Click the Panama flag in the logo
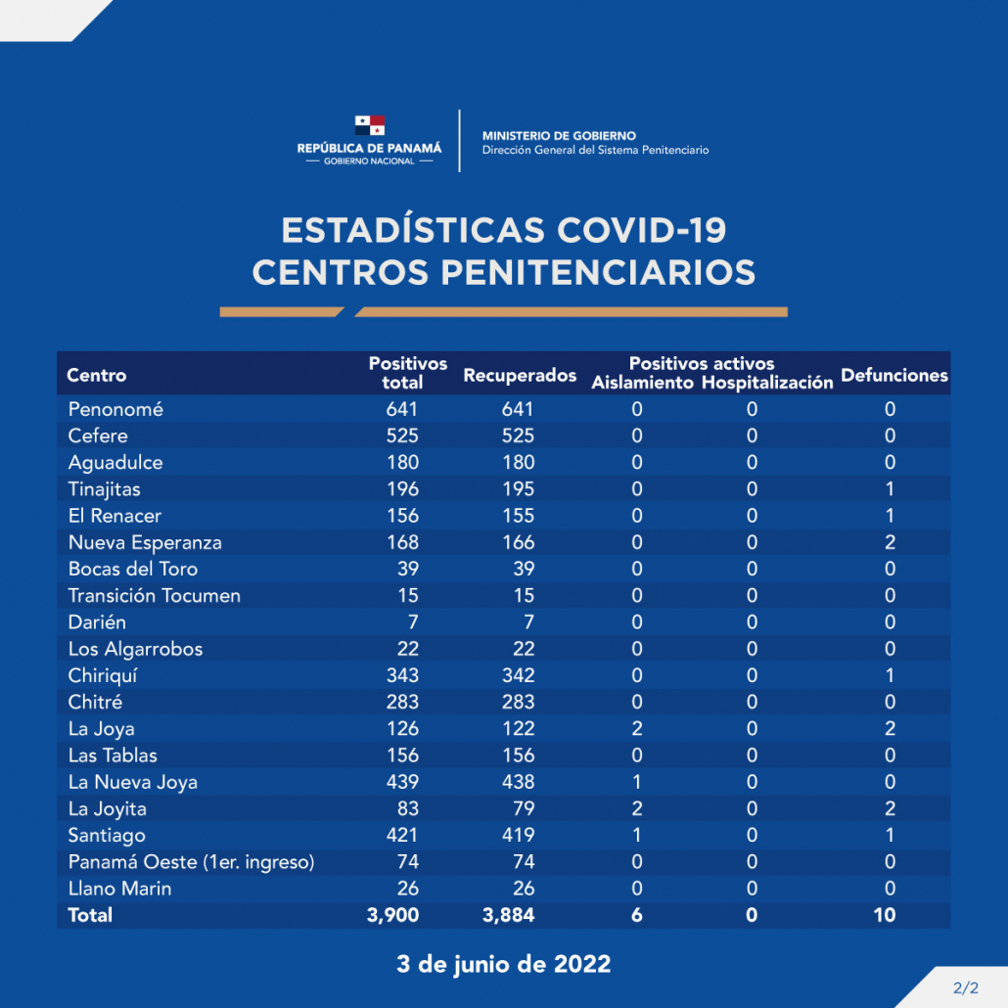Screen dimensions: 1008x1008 pyautogui.click(x=369, y=125)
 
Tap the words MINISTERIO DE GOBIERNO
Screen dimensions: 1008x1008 pyautogui.click(x=559, y=136)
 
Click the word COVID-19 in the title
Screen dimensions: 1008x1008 pyautogui.click(x=642, y=231)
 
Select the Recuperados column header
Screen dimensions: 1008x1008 pyautogui.click(x=520, y=376)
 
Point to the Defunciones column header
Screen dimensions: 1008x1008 pyautogui.click(x=894, y=375)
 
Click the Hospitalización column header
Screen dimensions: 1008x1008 pyautogui.click(x=767, y=383)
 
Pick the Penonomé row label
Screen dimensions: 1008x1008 pyautogui.click(x=115, y=409)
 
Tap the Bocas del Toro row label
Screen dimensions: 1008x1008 pyautogui.click(x=133, y=569)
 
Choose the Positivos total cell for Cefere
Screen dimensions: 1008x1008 pyautogui.click(x=402, y=435)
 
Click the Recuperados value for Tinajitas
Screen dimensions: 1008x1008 pyautogui.click(x=518, y=489)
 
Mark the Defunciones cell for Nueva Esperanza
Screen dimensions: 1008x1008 pyautogui.click(x=890, y=542)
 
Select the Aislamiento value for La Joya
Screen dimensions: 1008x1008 pyautogui.click(x=637, y=728)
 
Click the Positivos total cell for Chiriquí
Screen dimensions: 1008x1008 pyautogui.click(x=402, y=675)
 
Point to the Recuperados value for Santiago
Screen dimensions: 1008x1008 pyautogui.click(x=518, y=835)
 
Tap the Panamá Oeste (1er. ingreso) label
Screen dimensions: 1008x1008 pyautogui.click(x=192, y=861)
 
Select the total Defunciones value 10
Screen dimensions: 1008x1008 pyautogui.click(x=887, y=915)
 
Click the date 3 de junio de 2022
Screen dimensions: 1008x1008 pyautogui.click(x=503, y=964)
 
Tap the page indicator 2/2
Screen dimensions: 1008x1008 pyautogui.click(x=965, y=987)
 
